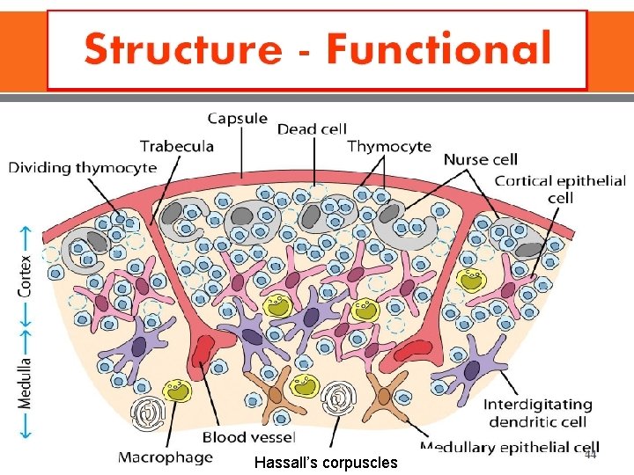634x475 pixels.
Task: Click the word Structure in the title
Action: pyautogui.click(x=195, y=49)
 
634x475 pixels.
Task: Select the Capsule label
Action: pyautogui.click(x=238, y=119)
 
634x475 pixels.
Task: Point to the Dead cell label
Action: pyautogui.click(x=312, y=129)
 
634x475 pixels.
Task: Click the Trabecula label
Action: pyautogui.click(x=177, y=145)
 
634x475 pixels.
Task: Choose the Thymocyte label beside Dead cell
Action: pyautogui.click(x=389, y=146)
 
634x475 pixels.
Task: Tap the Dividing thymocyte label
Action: pyautogui.click(x=83, y=166)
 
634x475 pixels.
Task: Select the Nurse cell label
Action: pyautogui.click(x=480, y=159)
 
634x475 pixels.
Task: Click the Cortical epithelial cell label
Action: pyautogui.click(x=560, y=189)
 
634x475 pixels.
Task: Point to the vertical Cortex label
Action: pyautogui.click(x=26, y=275)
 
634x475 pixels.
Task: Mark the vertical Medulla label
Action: pyautogui.click(x=26, y=384)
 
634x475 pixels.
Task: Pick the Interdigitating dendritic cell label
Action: pyautogui.click(x=537, y=413)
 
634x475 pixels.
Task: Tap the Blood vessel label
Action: pyautogui.click(x=249, y=436)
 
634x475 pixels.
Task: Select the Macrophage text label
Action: pyautogui.click(x=166, y=457)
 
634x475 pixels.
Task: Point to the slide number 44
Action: pyautogui.click(x=589, y=455)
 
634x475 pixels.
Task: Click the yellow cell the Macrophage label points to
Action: pyautogui.click(x=179, y=390)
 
